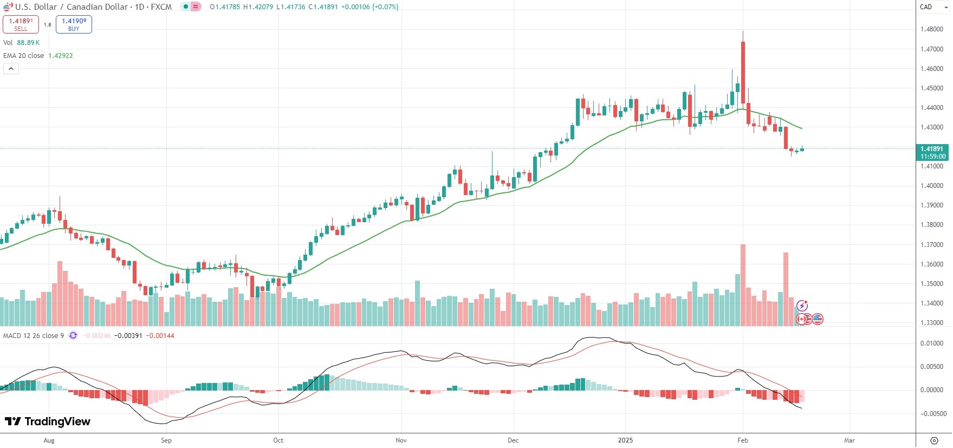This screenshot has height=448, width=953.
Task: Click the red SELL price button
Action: [x=21, y=24]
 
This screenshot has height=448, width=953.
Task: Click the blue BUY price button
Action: [x=74, y=24]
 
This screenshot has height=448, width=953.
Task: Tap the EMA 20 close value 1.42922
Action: [x=61, y=56]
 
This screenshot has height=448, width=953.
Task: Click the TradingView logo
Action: [x=48, y=421]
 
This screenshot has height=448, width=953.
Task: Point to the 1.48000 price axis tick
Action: [x=932, y=29]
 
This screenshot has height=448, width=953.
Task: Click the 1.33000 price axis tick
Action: [x=932, y=323]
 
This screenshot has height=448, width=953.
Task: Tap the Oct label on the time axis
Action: [x=278, y=440]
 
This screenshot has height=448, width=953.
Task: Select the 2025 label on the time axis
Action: [x=625, y=440]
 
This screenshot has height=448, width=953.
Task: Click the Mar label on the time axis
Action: [x=850, y=440]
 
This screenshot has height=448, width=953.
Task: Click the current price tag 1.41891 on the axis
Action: [x=932, y=152]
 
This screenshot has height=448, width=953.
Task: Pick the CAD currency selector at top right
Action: [x=932, y=7]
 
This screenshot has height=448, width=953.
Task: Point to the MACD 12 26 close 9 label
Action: [x=34, y=336]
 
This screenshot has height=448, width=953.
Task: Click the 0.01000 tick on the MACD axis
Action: [x=932, y=343]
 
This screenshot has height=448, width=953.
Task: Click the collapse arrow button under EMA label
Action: [x=11, y=69]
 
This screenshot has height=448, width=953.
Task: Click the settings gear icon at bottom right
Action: [x=934, y=440]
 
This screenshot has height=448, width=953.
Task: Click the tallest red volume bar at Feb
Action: [x=743, y=285]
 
